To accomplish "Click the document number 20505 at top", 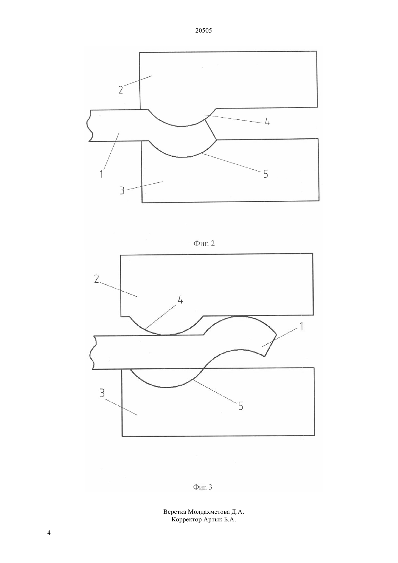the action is pos(203,31).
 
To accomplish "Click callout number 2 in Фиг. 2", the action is pos(121,90).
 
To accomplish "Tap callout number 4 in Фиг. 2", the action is pos(267,122).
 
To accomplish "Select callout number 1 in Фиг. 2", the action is pos(101,174).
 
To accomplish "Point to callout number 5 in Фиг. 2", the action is pos(266,174).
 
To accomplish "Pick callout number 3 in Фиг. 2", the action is pos(122,191).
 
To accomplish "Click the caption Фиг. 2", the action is pos(204,243).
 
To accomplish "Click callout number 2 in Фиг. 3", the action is pos(97,279).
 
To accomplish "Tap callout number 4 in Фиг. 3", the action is pos(180,300).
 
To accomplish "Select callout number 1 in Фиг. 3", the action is pos(301,326).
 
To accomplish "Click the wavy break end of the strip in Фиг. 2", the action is pos(91,126).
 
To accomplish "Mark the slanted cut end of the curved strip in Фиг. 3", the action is pos(270,345).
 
